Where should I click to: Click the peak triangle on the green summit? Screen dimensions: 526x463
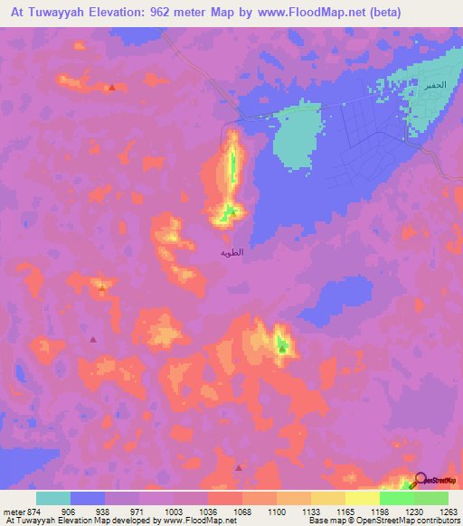pos(282,346)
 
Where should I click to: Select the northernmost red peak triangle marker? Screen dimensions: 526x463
pos(111,88)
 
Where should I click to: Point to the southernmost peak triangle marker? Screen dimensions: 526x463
pos(239,467)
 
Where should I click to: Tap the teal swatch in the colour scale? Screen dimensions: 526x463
pos(53,498)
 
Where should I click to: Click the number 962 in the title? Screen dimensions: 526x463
pos(179,14)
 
